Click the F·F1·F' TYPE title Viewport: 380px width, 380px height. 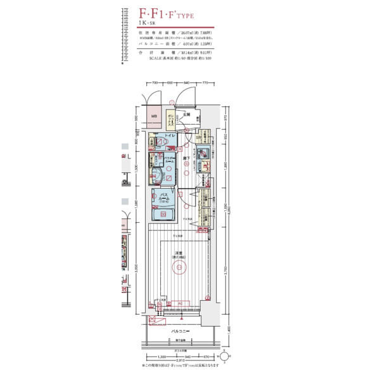click(167, 13)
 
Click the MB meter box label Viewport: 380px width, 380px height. click(154, 117)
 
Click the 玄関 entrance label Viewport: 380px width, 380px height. click(187, 114)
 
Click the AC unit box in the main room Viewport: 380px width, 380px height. click(180, 303)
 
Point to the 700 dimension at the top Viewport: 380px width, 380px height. click(155, 83)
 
